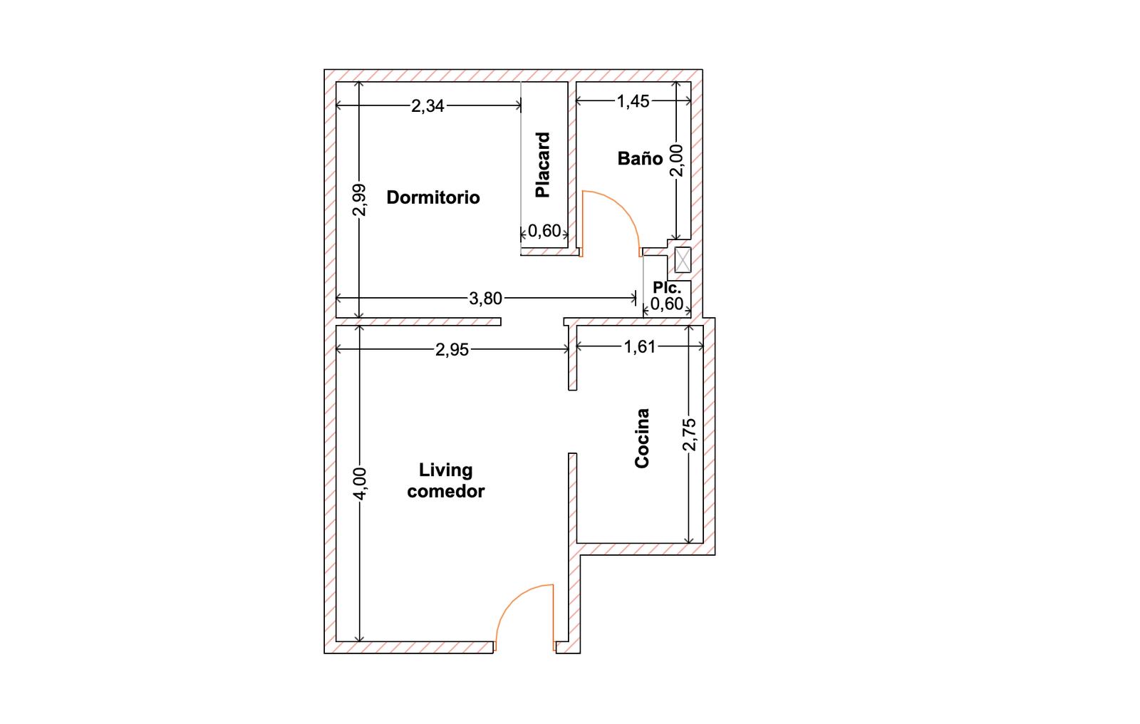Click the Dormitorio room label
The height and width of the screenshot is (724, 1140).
433,197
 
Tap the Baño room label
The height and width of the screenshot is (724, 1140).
640,158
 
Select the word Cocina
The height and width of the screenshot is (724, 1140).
642,438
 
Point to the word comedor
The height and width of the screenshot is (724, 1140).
446,491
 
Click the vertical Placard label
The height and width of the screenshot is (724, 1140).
542,165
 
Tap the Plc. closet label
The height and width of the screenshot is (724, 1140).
667,287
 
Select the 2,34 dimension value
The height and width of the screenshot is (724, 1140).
427,106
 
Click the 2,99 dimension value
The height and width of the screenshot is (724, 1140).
359,200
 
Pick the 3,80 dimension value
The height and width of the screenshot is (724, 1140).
485,299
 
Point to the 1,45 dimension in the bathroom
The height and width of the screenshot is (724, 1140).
633,101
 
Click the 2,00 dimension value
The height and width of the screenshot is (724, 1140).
676,160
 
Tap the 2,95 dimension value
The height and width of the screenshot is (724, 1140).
452,350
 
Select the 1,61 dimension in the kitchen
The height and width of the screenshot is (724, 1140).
640,347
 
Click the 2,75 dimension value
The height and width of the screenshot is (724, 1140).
689,435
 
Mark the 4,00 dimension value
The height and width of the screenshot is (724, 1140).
359,484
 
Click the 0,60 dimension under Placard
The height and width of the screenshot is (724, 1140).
544,231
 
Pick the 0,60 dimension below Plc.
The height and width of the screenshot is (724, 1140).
667,304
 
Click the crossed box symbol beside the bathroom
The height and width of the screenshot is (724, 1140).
683,260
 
